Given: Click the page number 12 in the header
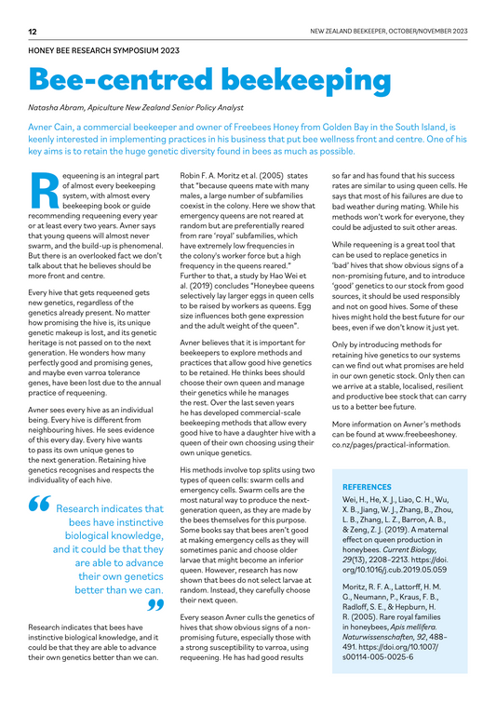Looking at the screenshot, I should (x=33, y=32).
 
